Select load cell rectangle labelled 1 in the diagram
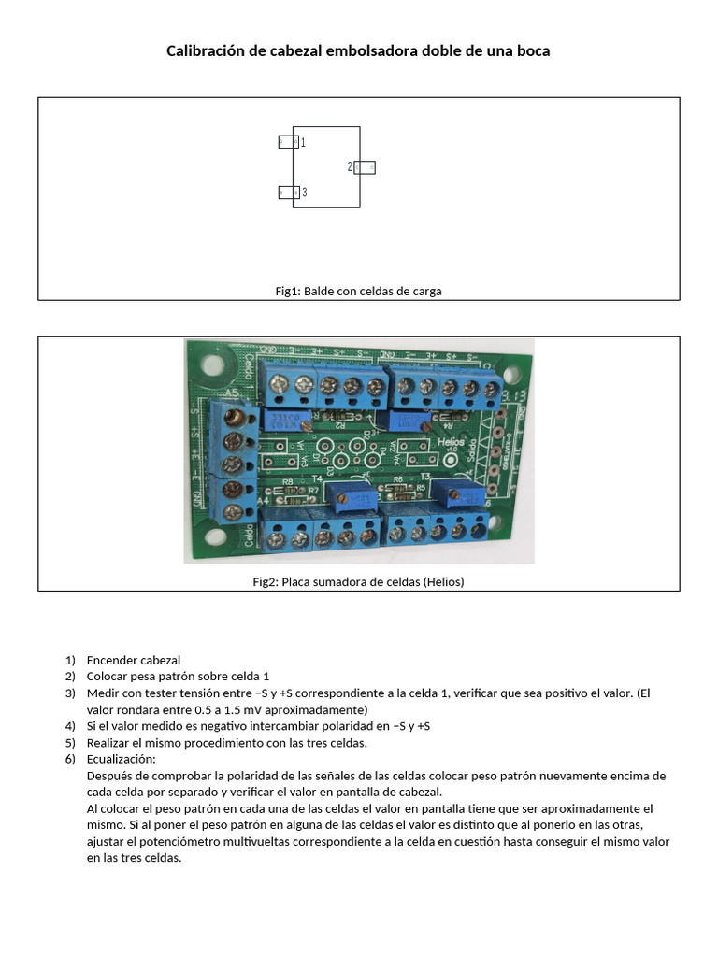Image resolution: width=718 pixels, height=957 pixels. tap(288, 142)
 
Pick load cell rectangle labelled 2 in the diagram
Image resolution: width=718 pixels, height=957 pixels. tap(365, 167)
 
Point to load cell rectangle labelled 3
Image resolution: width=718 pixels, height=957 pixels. tap(288, 193)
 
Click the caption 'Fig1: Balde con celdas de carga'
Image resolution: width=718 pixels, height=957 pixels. tap(358, 291)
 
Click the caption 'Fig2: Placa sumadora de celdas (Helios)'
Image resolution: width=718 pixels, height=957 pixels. tap(358, 581)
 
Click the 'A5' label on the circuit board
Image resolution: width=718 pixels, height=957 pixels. tap(231, 393)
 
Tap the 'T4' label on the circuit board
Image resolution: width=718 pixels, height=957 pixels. tap(318, 478)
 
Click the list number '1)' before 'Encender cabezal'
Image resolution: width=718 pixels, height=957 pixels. tap(70, 660)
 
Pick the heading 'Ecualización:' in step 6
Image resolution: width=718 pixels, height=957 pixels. tap(121, 759)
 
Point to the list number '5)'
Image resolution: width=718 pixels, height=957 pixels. tap(70, 743)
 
